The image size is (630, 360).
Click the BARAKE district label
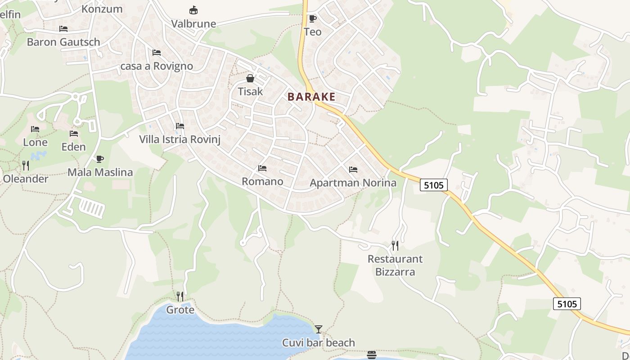(311, 97)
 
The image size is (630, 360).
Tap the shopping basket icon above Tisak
(250, 79)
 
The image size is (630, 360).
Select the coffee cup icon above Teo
(312, 18)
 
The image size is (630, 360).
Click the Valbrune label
(194, 24)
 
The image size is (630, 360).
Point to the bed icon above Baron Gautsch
(63, 29)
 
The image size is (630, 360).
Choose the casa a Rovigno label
(157, 66)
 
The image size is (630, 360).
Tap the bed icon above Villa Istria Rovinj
(180, 126)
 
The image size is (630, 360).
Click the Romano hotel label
(262, 181)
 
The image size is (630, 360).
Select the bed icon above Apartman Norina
(353, 170)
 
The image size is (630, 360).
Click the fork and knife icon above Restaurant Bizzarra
(395, 246)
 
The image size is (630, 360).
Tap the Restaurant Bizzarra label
(395, 265)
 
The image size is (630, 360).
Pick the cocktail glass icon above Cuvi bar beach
(319, 329)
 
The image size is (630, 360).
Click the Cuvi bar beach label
(319, 343)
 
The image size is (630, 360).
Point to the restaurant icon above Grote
(180, 297)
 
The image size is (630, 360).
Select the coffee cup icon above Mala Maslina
(100, 159)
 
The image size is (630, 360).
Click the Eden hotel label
(73, 147)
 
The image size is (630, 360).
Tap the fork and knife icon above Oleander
(26, 166)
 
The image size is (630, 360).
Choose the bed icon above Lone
(35, 129)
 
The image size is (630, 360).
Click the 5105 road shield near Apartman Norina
(434, 185)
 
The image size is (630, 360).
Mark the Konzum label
(102, 9)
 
